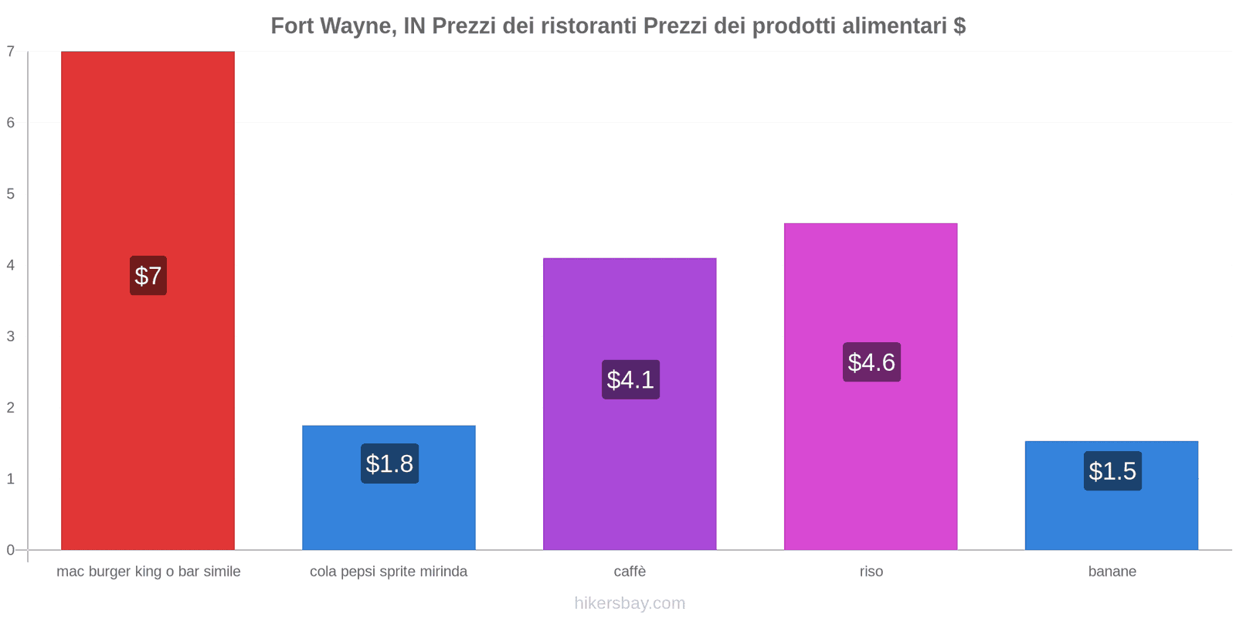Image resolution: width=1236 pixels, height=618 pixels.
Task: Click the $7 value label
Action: (x=148, y=276)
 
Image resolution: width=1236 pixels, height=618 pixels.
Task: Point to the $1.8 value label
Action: (x=389, y=463)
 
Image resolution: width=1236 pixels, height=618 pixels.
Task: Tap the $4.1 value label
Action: (x=630, y=379)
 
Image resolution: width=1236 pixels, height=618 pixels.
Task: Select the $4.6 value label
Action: (x=871, y=362)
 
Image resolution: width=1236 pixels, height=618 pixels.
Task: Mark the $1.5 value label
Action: (x=1112, y=471)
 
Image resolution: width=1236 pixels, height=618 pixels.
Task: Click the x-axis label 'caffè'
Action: (x=630, y=572)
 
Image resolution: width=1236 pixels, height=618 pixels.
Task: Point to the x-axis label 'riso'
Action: (x=871, y=572)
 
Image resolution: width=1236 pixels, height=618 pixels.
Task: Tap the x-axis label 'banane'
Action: (x=1112, y=572)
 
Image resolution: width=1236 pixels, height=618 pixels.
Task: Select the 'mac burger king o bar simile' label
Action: (x=148, y=572)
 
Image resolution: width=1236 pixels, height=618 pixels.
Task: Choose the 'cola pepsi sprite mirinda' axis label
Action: (x=389, y=572)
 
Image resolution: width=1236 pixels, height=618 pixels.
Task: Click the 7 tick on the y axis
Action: (x=11, y=52)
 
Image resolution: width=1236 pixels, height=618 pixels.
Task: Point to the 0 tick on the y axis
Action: (x=11, y=550)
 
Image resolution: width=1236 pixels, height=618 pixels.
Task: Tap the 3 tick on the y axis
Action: (x=11, y=336)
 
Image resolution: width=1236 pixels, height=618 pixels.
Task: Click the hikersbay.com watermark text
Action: (x=630, y=603)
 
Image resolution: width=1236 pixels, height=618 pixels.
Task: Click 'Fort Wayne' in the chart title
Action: (x=333, y=26)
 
